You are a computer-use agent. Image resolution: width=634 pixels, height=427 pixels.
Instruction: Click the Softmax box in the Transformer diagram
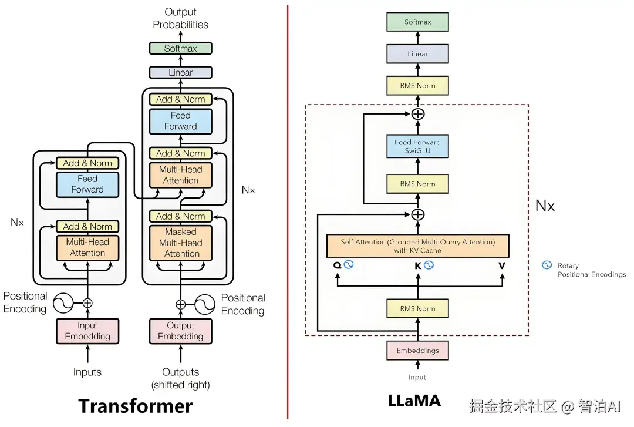(x=180, y=49)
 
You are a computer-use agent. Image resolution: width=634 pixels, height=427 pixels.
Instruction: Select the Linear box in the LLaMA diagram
(x=417, y=54)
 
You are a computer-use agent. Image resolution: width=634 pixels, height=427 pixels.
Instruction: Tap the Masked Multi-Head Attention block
(x=180, y=243)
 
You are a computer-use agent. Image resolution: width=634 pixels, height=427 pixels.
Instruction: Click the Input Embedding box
(x=87, y=331)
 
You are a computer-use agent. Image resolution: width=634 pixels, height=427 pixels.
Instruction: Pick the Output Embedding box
(x=180, y=331)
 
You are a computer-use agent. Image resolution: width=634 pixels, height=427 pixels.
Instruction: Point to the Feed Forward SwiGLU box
(x=417, y=146)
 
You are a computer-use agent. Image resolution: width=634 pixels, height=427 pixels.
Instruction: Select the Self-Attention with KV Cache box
(x=417, y=246)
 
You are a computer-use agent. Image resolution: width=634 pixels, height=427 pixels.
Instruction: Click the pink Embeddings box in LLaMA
(x=417, y=351)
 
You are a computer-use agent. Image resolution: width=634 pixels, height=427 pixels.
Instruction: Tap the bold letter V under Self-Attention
(x=502, y=265)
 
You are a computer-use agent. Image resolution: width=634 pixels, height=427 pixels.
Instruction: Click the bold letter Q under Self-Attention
(x=337, y=265)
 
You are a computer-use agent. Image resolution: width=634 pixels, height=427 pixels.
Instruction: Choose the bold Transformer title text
(x=136, y=406)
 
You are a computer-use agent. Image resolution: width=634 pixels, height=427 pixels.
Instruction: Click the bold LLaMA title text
(x=414, y=401)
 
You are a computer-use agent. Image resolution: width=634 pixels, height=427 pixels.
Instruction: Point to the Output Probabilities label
(x=180, y=18)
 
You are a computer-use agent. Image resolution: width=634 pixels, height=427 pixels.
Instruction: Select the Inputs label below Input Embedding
(x=87, y=372)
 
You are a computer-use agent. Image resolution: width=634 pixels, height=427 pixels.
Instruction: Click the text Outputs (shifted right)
(x=180, y=378)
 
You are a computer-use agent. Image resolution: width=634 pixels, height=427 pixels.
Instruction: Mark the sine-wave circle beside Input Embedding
(x=63, y=303)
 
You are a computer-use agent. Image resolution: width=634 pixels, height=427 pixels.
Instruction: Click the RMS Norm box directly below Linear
(x=417, y=86)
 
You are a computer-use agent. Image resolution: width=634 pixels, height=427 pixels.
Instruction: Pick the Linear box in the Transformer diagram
(x=180, y=73)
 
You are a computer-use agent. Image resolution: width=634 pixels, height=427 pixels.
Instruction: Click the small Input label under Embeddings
(x=417, y=377)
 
